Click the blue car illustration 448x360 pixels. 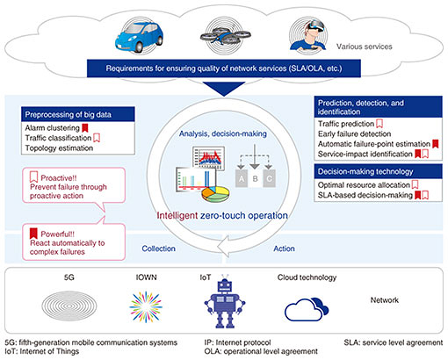(139, 38)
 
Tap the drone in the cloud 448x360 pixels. (225, 36)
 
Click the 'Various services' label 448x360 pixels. (364, 47)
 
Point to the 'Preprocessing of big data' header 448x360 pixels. (78, 114)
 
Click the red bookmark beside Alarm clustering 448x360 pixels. (85, 128)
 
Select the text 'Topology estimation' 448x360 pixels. (59, 148)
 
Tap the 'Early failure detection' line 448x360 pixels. (354, 133)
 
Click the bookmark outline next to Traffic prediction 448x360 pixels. (379, 124)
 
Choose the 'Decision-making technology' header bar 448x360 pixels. (378, 171)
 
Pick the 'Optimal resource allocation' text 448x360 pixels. (364, 185)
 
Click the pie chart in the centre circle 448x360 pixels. (215, 194)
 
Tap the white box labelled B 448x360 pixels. (255, 178)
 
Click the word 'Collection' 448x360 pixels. (158, 248)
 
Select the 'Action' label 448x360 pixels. (284, 248)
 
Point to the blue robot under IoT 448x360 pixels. (225, 301)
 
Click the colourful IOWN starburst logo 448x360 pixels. (146, 307)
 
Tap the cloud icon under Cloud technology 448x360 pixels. (307, 310)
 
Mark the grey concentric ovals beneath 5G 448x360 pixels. (69, 306)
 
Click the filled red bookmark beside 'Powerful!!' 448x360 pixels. (33, 234)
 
